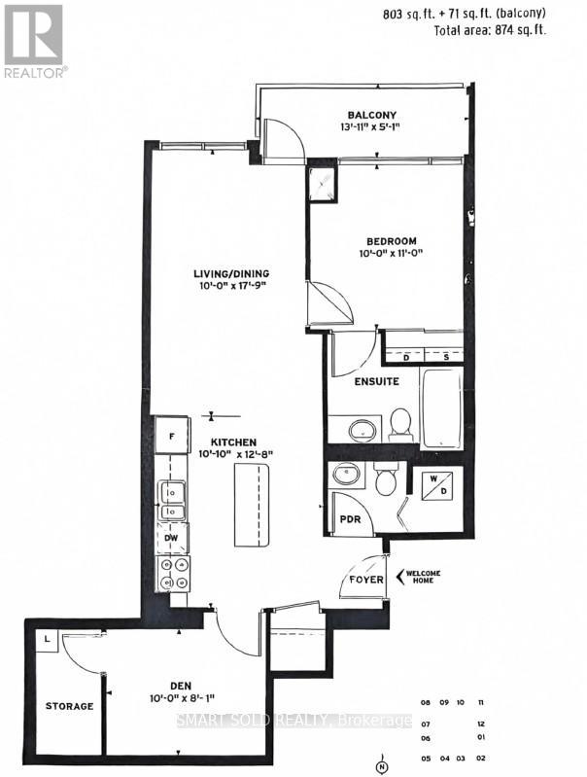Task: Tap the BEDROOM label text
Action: [392, 241]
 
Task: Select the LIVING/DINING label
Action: [229, 273]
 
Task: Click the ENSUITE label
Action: [376, 381]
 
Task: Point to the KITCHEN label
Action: [228, 441]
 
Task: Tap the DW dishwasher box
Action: [171, 537]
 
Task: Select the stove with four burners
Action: [173, 574]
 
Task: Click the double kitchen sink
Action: [172, 501]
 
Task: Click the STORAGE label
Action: [69, 706]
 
